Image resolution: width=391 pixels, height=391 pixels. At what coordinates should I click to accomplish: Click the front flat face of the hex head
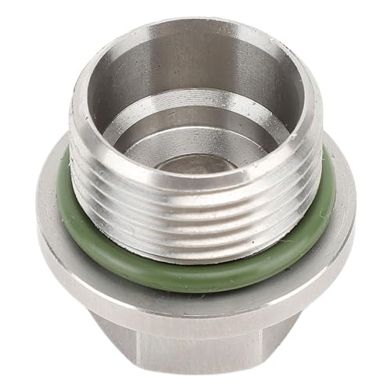point(195,344)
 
